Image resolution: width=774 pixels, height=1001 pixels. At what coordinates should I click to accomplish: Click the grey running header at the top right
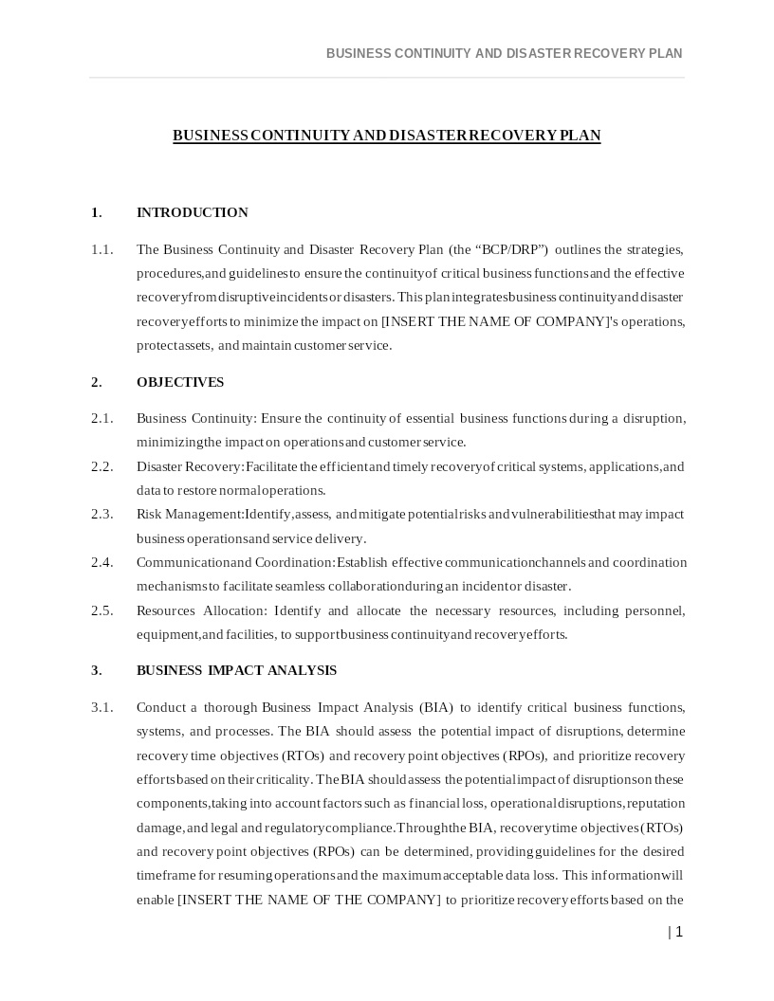pyautogui.click(x=504, y=53)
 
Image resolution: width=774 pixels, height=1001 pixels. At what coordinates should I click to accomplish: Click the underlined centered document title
pyautogui.click(x=386, y=136)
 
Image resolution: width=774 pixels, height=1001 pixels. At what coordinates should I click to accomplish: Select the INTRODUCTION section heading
pyautogui.click(x=193, y=212)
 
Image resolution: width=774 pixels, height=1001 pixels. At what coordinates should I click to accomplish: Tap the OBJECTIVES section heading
pyautogui.click(x=180, y=382)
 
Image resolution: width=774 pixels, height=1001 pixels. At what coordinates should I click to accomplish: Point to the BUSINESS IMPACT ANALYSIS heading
pyautogui.click(x=236, y=670)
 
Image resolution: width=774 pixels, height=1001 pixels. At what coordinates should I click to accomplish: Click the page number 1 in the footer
pyautogui.click(x=678, y=932)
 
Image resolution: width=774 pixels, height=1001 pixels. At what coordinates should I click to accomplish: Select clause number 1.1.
pyautogui.click(x=102, y=249)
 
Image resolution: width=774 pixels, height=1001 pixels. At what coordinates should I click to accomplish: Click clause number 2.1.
pyautogui.click(x=102, y=418)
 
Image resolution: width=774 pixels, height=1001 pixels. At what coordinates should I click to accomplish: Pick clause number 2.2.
pyautogui.click(x=102, y=466)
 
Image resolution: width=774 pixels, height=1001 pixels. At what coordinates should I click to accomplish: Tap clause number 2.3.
pyautogui.click(x=102, y=514)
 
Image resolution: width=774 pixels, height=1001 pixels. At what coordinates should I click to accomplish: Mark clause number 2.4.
pyautogui.click(x=102, y=562)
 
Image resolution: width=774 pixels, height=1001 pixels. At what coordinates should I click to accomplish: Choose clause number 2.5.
pyautogui.click(x=102, y=610)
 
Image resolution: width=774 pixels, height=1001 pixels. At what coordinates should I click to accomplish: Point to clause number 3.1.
pyautogui.click(x=102, y=707)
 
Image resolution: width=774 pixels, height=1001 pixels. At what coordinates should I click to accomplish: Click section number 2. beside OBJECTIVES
pyautogui.click(x=96, y=382)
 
